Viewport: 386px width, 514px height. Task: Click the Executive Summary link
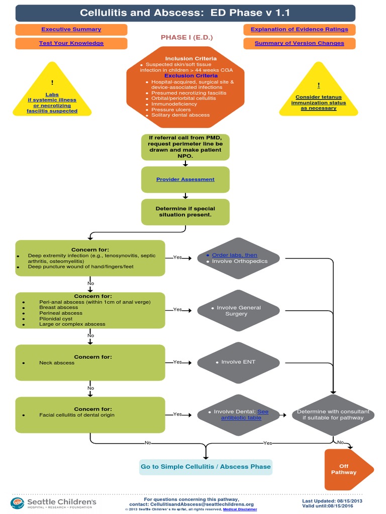coord(71,30)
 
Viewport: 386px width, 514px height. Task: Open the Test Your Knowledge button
coord(71,43)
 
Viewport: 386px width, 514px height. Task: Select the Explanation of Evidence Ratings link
coord(299,30)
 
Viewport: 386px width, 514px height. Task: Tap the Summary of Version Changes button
coord(299,43)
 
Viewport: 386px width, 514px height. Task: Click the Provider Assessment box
coord(185,179)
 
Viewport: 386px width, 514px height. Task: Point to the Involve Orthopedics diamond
coord(238,258)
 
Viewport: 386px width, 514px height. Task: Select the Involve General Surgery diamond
coord(238,311)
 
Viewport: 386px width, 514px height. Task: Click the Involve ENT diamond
coord(238,362)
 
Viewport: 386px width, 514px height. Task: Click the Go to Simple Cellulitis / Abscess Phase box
coord(206,467)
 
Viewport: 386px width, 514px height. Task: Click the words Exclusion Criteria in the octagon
coord(191,76)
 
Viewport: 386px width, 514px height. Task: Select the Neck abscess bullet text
coord(57,363)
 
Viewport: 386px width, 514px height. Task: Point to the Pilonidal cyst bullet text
coord(56,318)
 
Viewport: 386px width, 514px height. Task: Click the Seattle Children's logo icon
coord(18,503)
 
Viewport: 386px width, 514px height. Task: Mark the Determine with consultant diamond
coord(333,415)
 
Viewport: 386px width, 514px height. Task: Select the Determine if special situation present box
coord(185,211)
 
